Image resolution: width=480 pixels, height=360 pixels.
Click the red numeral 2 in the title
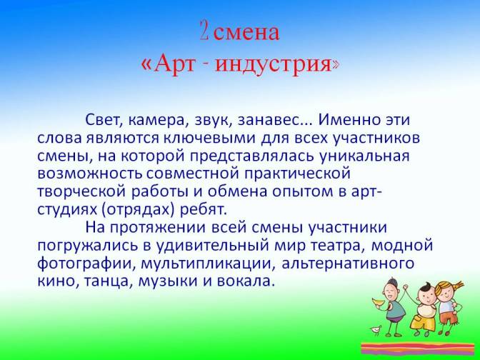(x=204, y=31)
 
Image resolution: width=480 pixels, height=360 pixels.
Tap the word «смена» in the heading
(x=246, y=33)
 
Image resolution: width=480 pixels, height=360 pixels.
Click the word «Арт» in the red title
(x=174, y=63)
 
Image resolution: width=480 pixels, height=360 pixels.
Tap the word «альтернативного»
(x=348, y=264)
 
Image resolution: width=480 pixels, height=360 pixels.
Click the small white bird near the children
(x=376, y=330)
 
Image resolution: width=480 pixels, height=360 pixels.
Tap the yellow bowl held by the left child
(x=379, y=302)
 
